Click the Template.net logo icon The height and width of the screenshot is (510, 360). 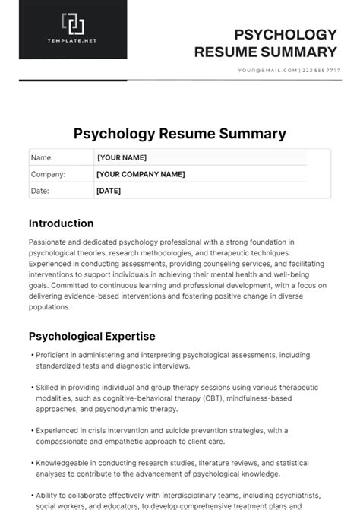tap(73, 24)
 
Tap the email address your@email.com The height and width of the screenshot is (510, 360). tap(268, 71)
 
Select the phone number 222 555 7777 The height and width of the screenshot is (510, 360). tap(322, 71)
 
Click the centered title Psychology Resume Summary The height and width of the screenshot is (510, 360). tap(180, 134)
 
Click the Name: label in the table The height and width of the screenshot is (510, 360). tap(42, 157)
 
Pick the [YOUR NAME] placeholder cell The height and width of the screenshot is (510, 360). tap(122, 157)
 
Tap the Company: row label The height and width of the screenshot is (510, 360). tap(48, 174)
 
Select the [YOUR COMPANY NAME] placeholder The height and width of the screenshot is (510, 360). tap(141, 174)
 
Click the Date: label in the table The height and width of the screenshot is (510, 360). tap(39, 191)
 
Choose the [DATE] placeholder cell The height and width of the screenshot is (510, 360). tap(109, 191)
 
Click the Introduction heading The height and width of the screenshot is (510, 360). tap(62, 223)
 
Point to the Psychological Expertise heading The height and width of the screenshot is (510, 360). tap(92, 336)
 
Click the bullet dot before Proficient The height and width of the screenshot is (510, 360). tap(31, 355)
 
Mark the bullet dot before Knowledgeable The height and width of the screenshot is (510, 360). tap(31, 463)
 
